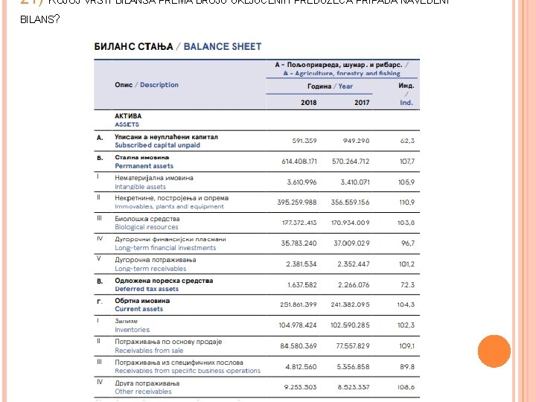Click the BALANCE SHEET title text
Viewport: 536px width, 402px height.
(x=223, y=46)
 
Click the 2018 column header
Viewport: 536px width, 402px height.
(x=308, y=102)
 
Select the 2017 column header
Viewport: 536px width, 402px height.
(x=362, y=102)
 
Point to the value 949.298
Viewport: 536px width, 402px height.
(x=356, y=141)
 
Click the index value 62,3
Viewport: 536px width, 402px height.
(x=407, y=141)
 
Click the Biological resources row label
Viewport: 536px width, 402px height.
(x=146, y=227)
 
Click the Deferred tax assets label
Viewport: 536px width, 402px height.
(x=147, y=289)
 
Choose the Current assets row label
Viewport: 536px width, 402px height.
(x=138, y=309)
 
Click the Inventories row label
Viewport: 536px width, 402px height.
(x=132, y=330)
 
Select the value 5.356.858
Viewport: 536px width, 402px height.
(x=353, y=366)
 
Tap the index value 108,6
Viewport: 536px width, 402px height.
(x=406, y=387)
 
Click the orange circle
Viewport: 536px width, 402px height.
(x=494, y=351)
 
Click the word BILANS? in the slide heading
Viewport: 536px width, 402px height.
(x=39, y=19)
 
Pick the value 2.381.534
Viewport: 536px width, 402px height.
(x=301, y=264)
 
